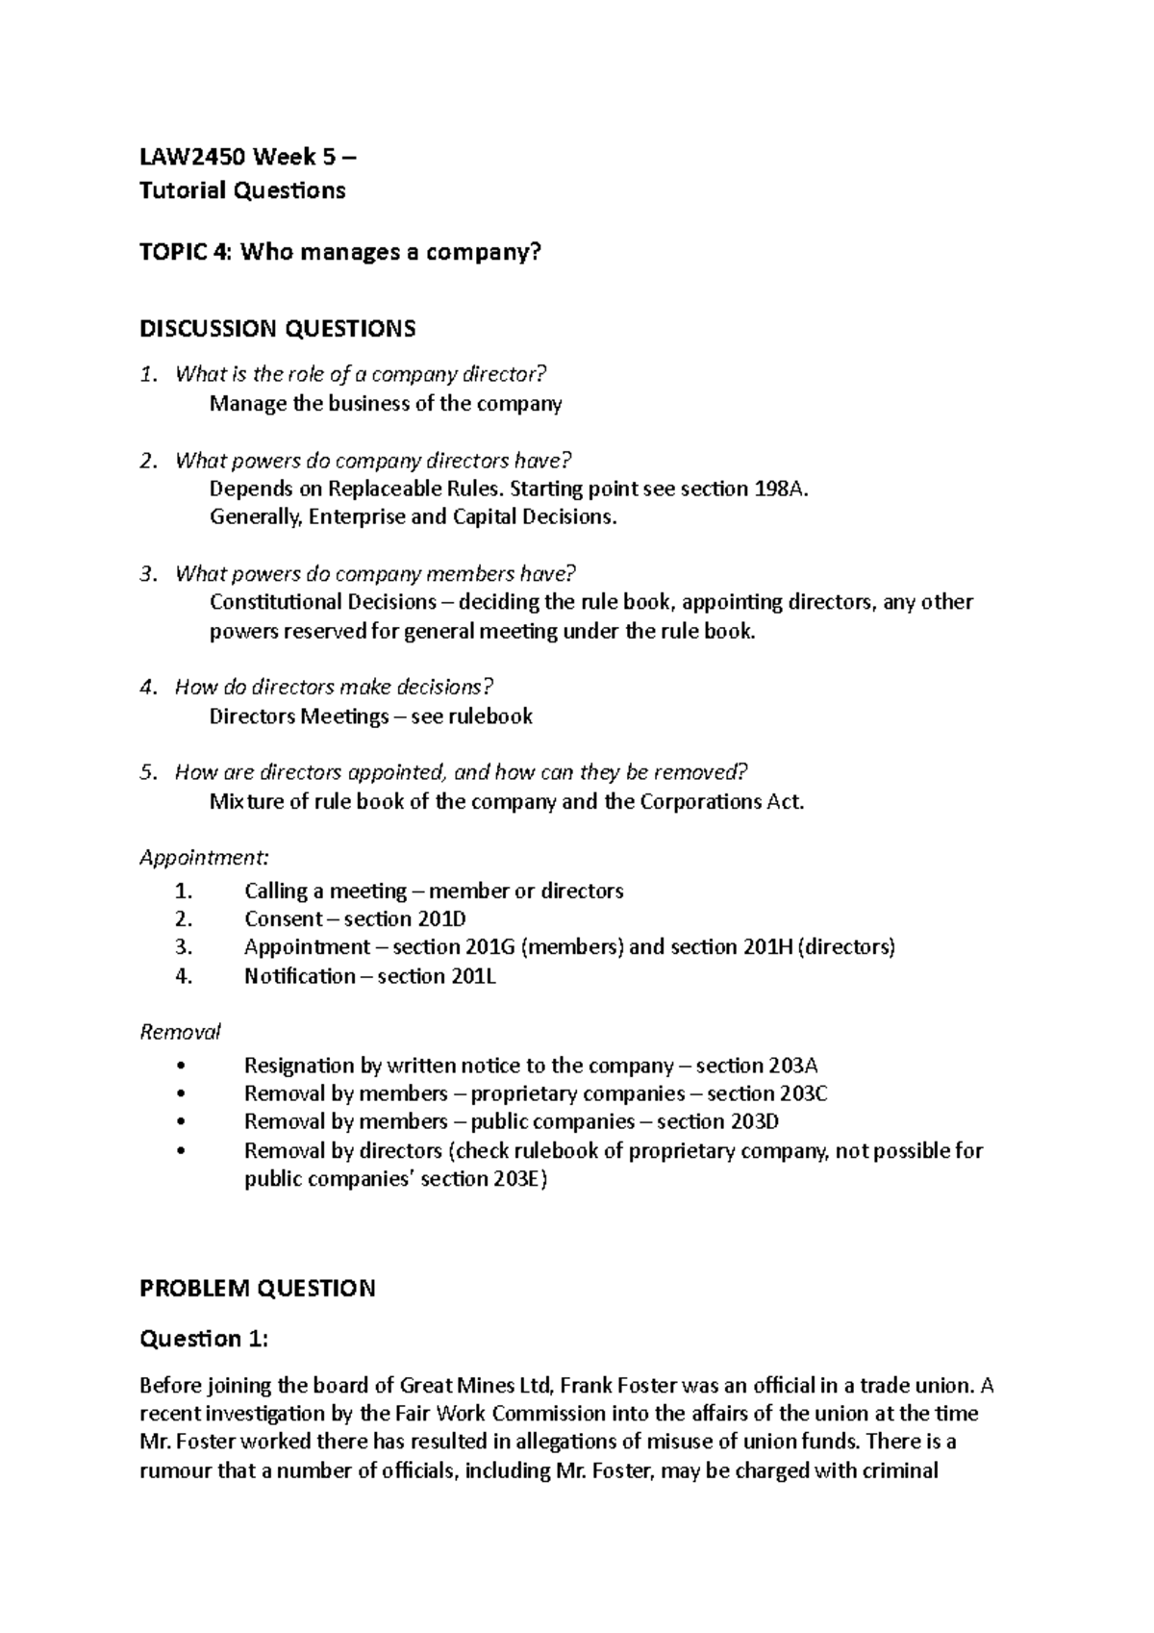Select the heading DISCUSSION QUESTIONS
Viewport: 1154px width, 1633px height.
[277, 329]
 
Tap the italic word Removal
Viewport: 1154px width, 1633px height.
[180, 1032]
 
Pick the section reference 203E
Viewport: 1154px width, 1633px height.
[514, 1180]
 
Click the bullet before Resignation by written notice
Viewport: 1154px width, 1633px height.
[182, 1067]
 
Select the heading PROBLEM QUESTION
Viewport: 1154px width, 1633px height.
[257, 1288]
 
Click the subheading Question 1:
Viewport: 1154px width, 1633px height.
[204, 1339]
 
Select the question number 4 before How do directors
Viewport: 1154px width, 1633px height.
[146, 688]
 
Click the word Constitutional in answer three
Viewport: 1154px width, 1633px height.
[275, 602]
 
